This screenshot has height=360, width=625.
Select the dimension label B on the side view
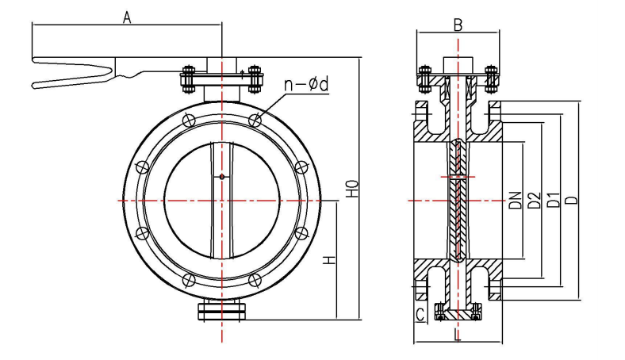458,24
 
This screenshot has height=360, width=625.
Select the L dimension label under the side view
458,335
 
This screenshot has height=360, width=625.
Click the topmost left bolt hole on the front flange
188,121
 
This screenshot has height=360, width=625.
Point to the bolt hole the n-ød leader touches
254,121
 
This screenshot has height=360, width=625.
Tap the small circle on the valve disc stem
222,176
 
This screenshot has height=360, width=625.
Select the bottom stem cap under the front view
221,312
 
